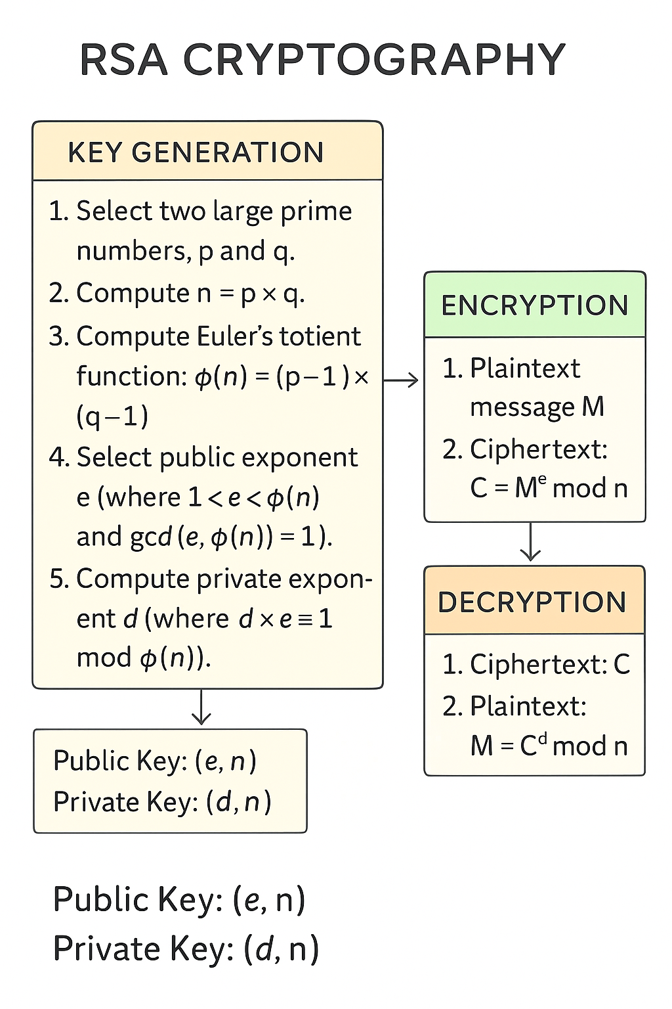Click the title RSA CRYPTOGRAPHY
(x=322, y=60)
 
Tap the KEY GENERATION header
(x=196, y=152)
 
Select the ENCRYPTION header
(x=535, y=305)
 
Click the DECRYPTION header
(x=532, y=602)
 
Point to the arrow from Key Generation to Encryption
(x=401, y=380)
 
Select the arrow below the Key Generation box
(x=201, y=707)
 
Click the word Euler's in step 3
(x=234, y=336)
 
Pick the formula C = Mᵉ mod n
(x=549, y=487)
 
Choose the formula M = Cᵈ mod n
(x=549, y=745)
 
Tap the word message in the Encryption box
(x=522, y=407)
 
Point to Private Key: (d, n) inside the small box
(x=162, y=802)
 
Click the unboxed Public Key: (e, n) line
(x=178, y=899)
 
